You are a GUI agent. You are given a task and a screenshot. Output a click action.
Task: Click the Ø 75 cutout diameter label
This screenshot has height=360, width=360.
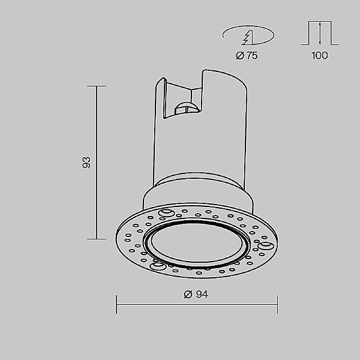point(247,56)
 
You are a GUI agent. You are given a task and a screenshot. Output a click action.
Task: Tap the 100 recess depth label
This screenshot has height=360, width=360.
point(320,55)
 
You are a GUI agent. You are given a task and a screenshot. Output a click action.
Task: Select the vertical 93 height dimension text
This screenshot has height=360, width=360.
point(86,163)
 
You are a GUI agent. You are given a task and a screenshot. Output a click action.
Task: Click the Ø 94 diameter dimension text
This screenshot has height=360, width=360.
point(196,294)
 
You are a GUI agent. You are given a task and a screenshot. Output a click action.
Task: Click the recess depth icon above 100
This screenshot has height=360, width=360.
point(320,33)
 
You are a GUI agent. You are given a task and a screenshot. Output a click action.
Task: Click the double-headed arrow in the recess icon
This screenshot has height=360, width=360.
point(320,33)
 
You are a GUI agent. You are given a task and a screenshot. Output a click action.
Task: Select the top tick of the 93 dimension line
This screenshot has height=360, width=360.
point(97,86)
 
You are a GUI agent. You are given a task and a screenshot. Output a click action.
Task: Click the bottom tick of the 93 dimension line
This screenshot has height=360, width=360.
point(97,239)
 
